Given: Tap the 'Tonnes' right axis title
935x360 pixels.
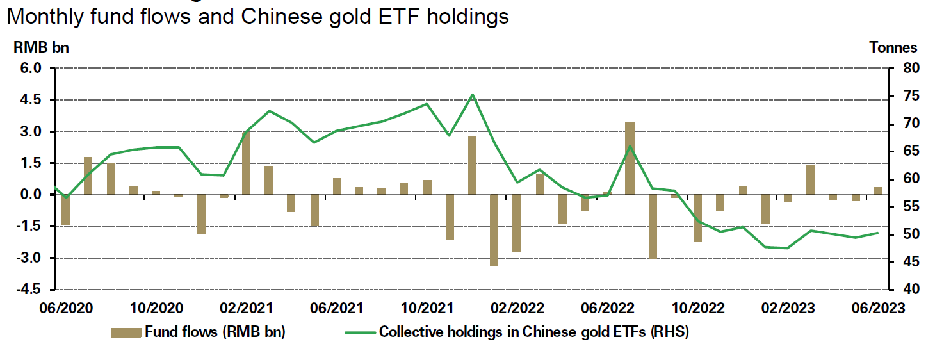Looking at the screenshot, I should point(893,47).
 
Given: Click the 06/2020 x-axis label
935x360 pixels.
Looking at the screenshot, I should point(65,308).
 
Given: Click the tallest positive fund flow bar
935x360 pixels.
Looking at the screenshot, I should point(630,158).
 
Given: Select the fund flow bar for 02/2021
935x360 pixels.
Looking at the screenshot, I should point(246,163).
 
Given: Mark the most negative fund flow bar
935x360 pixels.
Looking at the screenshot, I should point(494,229).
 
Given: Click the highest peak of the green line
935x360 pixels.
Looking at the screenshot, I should point(472,95).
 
